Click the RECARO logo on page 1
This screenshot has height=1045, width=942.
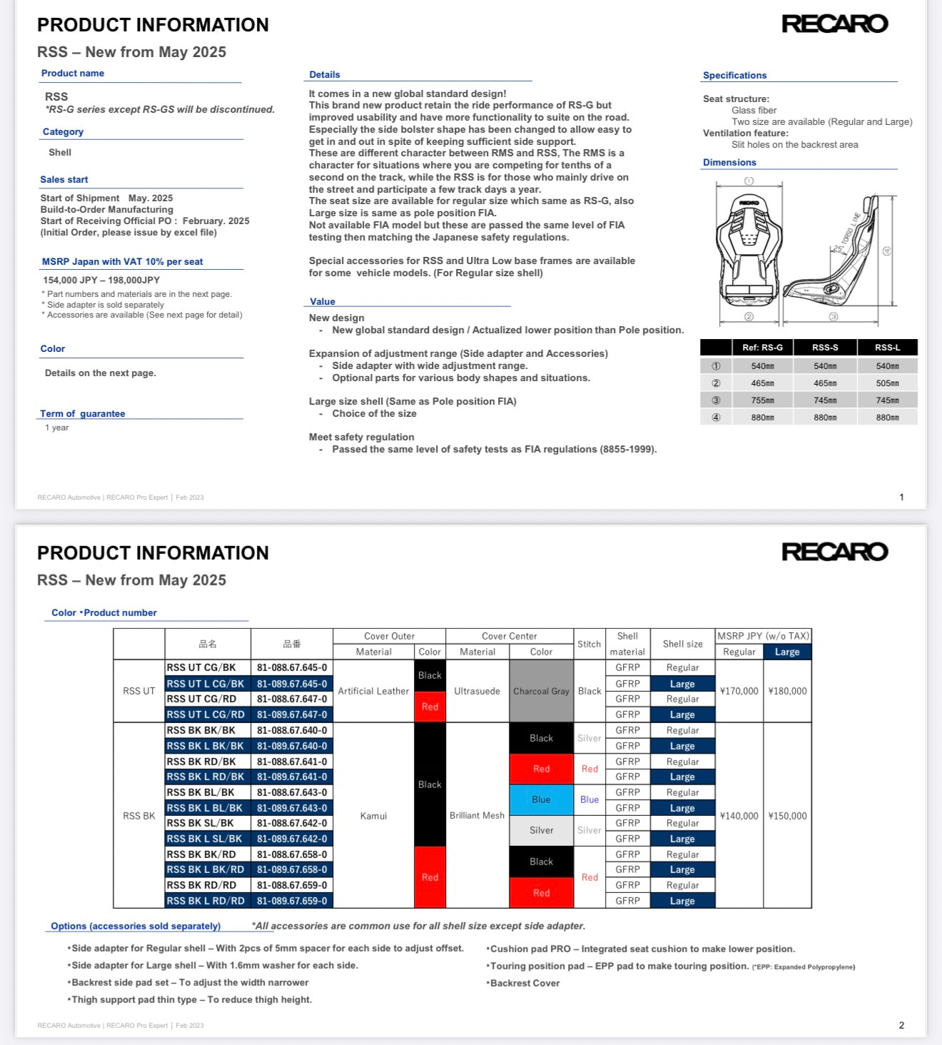(x=834, y=24)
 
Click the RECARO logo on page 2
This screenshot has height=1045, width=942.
(x=834, y=552)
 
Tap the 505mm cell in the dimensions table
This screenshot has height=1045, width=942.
(x=887, y=383)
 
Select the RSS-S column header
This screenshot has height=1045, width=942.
(x=825, y=348)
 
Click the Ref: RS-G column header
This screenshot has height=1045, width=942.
(x=762, y=348)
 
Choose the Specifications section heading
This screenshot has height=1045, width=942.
(x=734, y=76)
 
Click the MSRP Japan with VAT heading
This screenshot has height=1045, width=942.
(x=122, y=262)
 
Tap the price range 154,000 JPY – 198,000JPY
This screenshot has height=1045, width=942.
(x=101, y=281)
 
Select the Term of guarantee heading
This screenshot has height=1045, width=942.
(x=83, y=414)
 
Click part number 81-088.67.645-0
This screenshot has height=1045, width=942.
(x=292, y=668)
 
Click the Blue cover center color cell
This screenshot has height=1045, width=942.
(x=541, y=800)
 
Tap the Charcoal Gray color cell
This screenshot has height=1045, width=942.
(x=541, y=691)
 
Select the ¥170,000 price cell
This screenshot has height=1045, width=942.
(x=739, y=691)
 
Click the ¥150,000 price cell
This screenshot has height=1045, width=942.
(x=787, y=816)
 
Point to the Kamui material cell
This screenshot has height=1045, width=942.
(x=373, y=816)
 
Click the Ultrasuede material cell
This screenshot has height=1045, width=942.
(x=477, y=691)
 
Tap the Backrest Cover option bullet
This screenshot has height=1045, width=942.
(x=525, y=984)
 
